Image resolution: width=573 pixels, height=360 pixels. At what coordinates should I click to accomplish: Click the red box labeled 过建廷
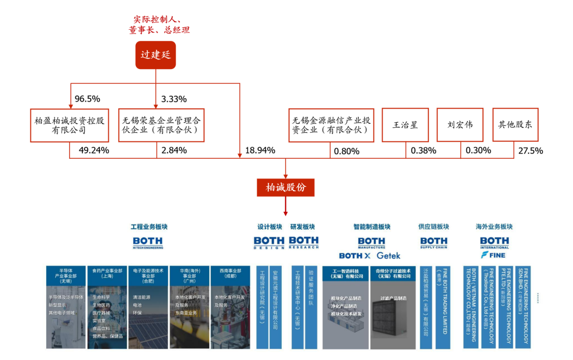pyautogui.click(x=155, y=55)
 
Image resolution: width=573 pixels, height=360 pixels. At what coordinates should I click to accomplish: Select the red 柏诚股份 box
pyautogui.click(x=285, y=187)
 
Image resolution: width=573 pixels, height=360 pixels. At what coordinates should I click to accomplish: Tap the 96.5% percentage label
pyautogui.click(x=88, y=99)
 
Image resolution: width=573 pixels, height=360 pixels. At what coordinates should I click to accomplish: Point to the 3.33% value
pyautogui.click(x=174, y=99)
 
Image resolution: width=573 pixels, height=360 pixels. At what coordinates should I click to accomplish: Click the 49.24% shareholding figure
pyautogui.click(x=94, y=150)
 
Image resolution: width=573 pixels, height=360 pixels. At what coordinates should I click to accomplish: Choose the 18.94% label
pyautogui.click(x=260, y=150)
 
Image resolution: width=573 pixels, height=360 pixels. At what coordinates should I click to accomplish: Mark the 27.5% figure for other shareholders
pyautogui.click(x=531, y=150)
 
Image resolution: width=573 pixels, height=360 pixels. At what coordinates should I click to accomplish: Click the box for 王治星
pyautogui.click(x=405, y=125)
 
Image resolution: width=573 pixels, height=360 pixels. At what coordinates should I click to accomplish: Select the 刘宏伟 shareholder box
pyautogui.click(x=460, y=125)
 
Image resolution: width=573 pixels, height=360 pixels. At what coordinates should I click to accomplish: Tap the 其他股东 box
pyautogui.click(x=515, y=125)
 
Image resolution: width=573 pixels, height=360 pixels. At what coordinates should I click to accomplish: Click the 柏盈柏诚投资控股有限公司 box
pyautogui.click(x=69, y=125)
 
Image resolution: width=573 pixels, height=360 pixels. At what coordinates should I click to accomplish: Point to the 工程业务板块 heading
pyautogui.click(x=149, y=227)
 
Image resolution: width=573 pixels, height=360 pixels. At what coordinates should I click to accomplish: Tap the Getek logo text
pyautogui.click(x=388, y=255)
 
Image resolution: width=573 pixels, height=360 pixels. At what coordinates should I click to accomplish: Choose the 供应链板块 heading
pyautogui.click(x=433, y=227)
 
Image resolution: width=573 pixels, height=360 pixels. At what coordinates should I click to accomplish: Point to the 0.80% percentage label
pyautogui.click(x=346, y=151)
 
